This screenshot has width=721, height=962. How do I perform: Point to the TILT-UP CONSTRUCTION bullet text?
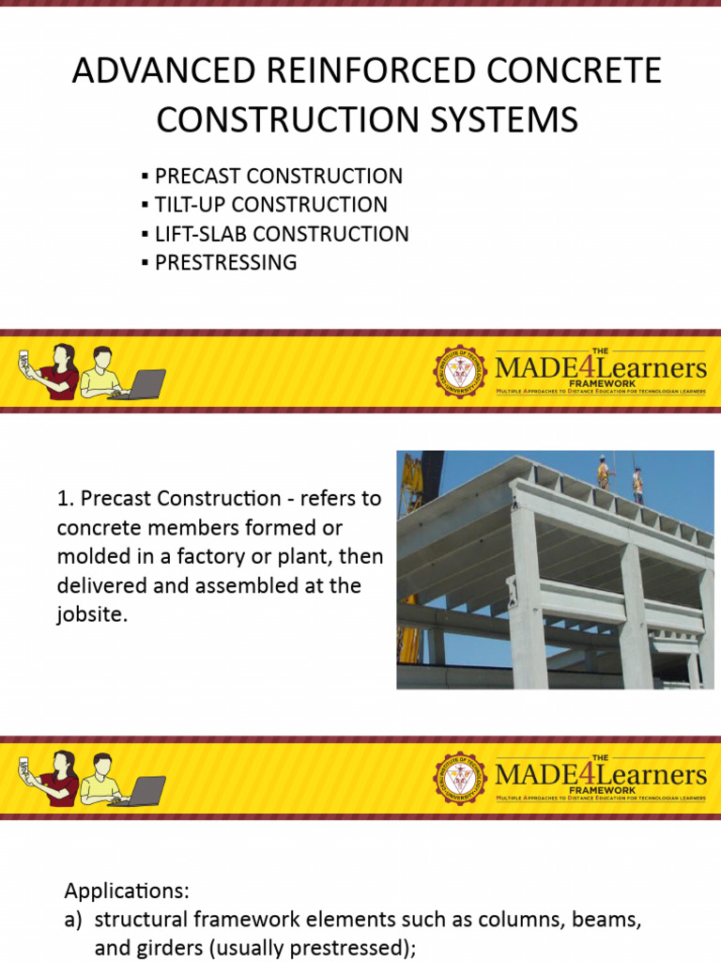[271, 205]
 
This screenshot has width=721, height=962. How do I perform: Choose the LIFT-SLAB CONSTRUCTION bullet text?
[282, 234]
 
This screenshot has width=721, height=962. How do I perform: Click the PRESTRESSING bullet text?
[225, 263]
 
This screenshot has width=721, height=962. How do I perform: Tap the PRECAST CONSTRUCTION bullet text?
[279, 176]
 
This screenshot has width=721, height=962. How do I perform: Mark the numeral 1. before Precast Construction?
[64, 498]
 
